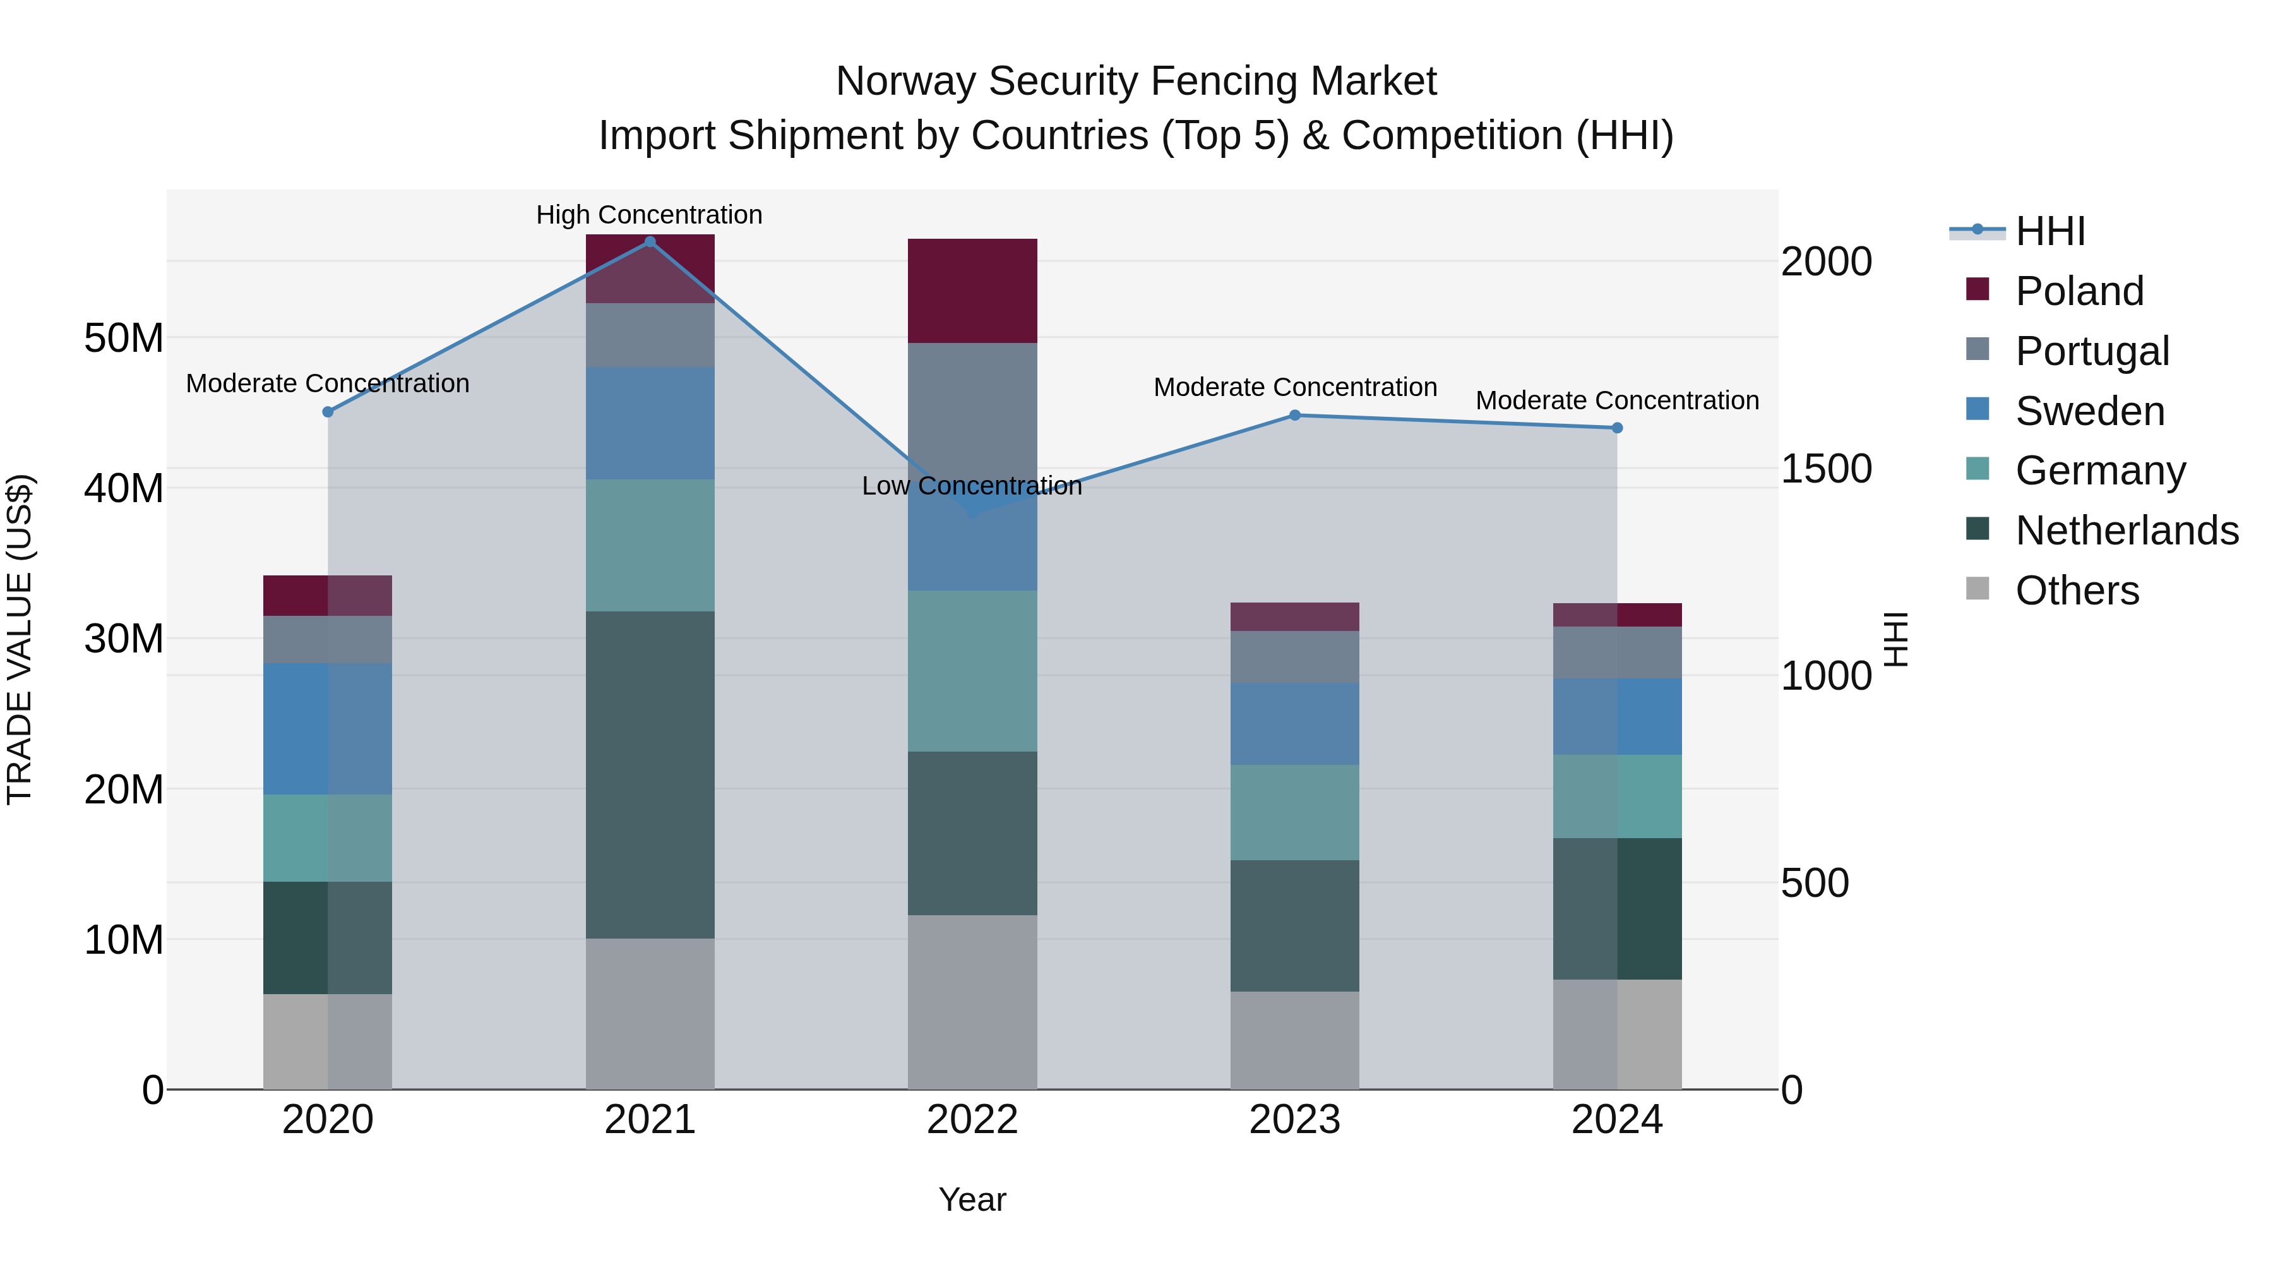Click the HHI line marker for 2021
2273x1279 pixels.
click(650, 242)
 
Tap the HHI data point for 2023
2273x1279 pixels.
click(1294, 415)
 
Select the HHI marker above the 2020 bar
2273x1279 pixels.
click(327, 412)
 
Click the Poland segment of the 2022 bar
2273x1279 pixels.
click(972, 291)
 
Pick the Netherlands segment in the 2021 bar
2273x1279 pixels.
click(650, 774)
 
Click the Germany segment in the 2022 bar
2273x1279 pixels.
click(972, 671)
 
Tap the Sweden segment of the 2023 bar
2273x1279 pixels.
click(1294, 723)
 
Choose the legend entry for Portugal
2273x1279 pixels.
click(2091, 351)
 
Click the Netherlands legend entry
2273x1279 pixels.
click(2126, 531)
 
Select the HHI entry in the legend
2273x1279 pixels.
click(2049, 231)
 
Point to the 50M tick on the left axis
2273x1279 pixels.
click(124, 338)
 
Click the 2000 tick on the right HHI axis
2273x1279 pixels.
click(1825, 262)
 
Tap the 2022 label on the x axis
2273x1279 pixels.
click(972, 1120)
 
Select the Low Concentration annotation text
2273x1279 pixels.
click(972, 486)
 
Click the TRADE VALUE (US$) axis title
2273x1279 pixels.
click(20, 639)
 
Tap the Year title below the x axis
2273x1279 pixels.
click(972, 1199)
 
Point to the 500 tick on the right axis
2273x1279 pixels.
click(1814, 883)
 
